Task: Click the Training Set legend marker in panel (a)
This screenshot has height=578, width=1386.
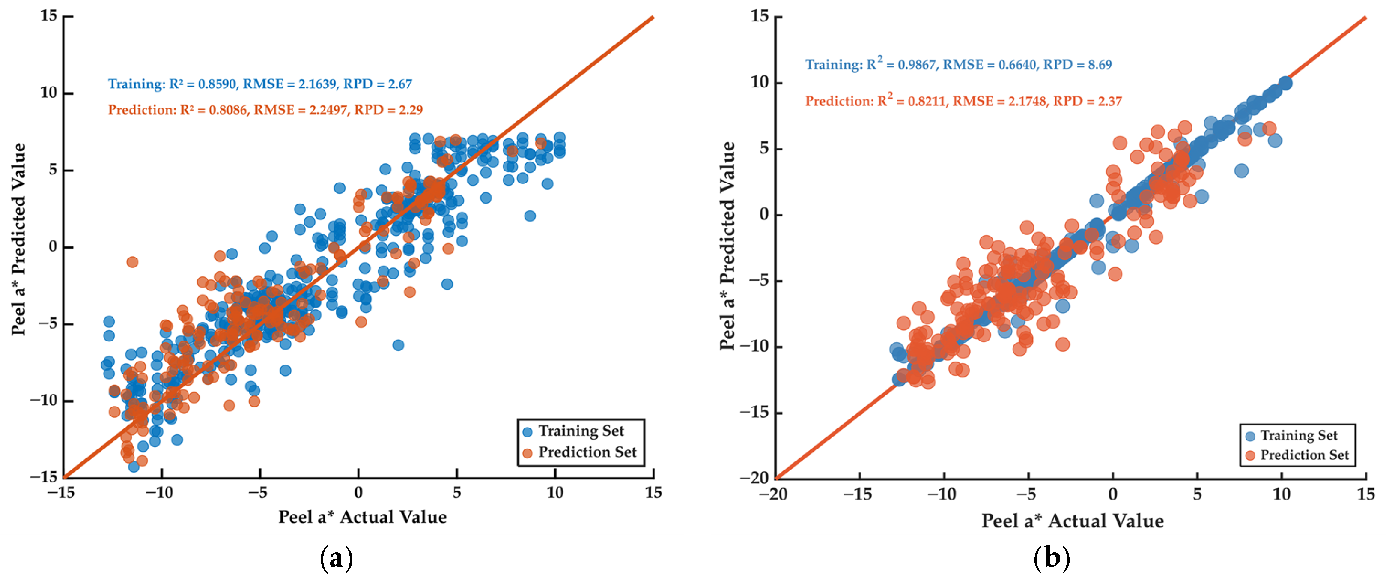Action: pyautogui.click(x=527, y=431)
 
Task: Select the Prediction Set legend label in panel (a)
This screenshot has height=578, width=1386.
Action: pyautogui.click(x=587, y=452)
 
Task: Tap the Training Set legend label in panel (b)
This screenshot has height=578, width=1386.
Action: pyautogui.click(x=1299, y=435)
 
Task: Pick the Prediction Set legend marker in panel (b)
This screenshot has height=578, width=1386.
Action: pyautogui.click(x=1250, y=455)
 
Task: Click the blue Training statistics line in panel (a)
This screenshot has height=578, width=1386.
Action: pyautogui.click(x=260, y=84)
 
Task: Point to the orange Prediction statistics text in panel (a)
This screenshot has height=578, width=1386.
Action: pyautogui.click(x=265, y=110)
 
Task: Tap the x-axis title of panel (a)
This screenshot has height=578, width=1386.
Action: pyautogui.click(x=362, y=517)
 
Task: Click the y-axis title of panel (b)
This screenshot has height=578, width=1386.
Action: pyautogui.click(x=727, y=246)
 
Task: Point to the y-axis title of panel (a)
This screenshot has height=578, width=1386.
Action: pyautogui.click(x=18, y=239)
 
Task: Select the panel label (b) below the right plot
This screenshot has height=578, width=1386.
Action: pyautogui.click(x=1051, y=558)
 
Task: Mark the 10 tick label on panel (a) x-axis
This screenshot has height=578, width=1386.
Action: pyautogui.click(x=555, y=492)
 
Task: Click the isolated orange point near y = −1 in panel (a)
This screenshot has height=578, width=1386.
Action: pyautogui.click(x=132, y=262)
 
